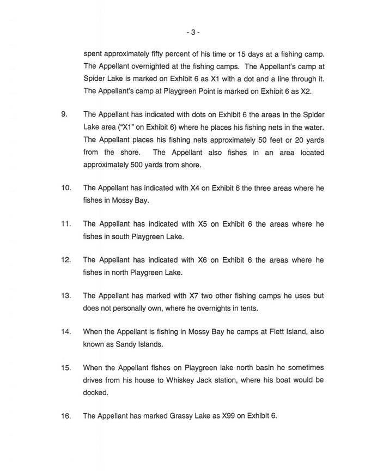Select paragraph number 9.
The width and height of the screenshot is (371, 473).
tap(64, 115)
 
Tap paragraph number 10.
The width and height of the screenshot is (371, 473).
tap(65, 188)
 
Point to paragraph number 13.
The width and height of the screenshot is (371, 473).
tap(65, 296)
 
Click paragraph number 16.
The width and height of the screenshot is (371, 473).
tap(65, 416)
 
